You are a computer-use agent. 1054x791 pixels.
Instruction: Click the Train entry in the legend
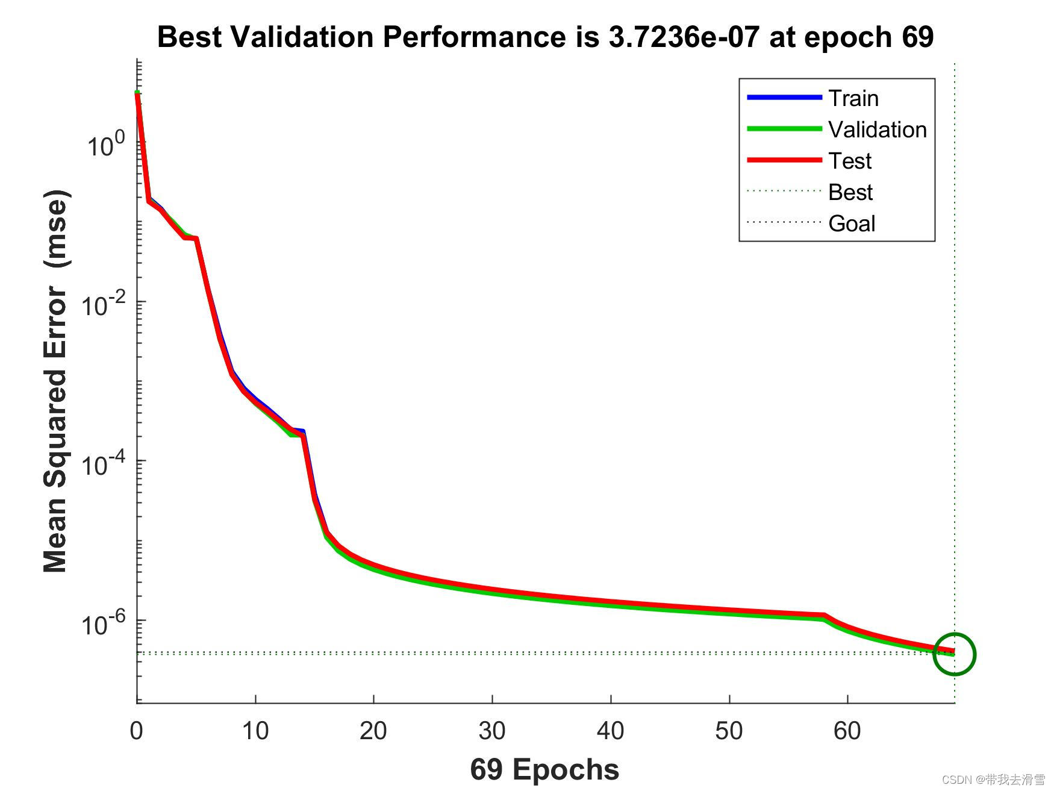pyautogui.click(x=853, y=98)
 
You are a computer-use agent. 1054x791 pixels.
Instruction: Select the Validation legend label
pyautogui.click(x=877, y=130)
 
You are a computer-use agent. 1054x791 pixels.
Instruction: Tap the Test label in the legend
pyautogui.click(x=849, y=161)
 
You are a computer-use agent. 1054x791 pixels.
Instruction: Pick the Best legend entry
pyautogui.click(x=850, y=192)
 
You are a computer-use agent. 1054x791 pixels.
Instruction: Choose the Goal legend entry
pyautogui.click(x=851, y=224)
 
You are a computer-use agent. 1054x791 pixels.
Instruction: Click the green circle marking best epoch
pyautogui.click(x=954, y=654)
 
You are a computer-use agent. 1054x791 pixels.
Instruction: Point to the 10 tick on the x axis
pyautogui.click(x=255, y=731)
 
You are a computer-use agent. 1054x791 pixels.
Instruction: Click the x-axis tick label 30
pyautogui.click(x=492, y=731)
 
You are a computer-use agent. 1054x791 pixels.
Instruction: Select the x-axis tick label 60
pyautogui.click(x=847, y=731)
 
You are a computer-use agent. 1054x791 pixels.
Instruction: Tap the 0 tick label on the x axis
pyautogui.click(x=137, y=731)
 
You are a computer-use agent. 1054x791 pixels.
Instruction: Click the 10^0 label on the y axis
pyautogui.click(x=106, y=145)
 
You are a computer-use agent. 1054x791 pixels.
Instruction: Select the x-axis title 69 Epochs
pyautogui.click(x=544, y=769)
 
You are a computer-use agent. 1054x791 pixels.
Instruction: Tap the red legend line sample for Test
pyautogui.click(x=784, y=160)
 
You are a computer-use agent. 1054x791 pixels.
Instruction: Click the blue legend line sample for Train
pyautogui.click(x=784, y=98)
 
